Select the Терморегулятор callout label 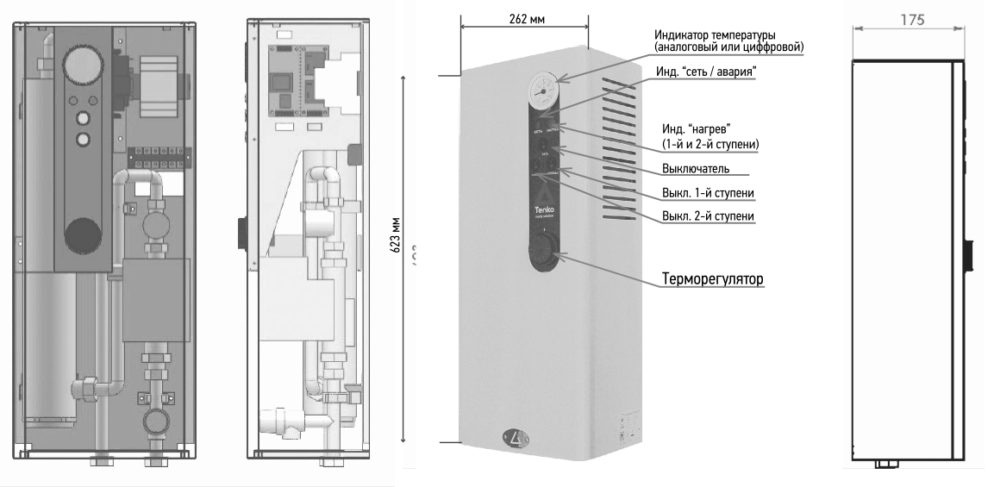coord(714,280)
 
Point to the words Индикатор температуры coord(716,34)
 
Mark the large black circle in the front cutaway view coord(84,232)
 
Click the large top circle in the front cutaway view coord(83,71)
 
